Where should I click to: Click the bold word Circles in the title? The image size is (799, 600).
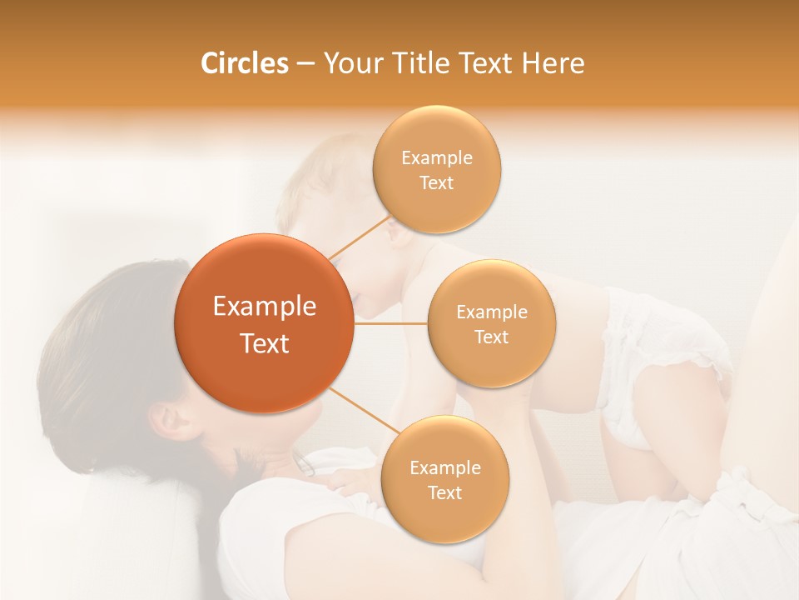(244, 63)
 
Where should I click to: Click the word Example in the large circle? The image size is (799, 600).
(264, 307)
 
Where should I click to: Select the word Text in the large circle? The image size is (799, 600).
(264, 343)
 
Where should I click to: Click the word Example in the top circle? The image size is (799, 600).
(437, 157)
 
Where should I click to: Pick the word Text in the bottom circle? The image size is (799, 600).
(444, 492)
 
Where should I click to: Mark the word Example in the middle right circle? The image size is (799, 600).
(492, 312)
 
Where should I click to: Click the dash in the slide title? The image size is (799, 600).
(305, 64)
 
